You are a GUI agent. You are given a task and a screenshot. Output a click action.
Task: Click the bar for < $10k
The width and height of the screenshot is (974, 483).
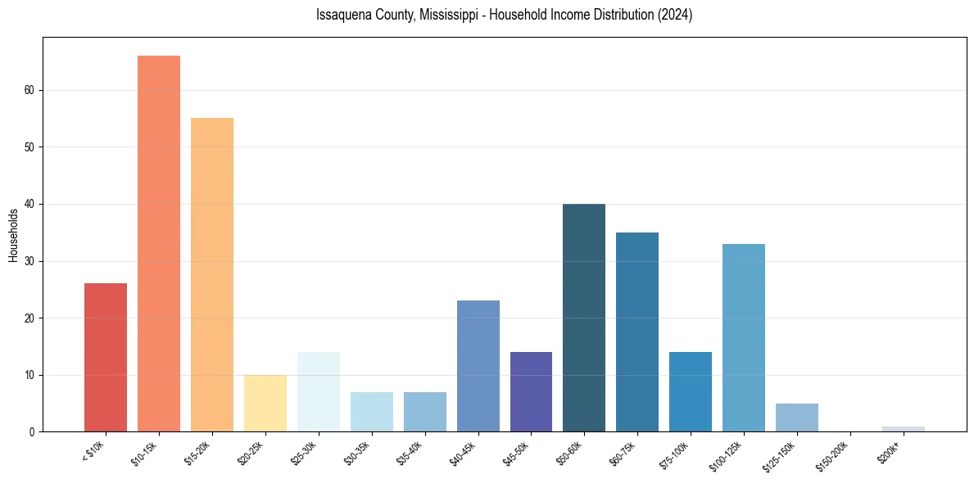point(106,358)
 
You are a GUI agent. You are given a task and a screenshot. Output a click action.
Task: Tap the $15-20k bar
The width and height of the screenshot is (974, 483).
point(212,275)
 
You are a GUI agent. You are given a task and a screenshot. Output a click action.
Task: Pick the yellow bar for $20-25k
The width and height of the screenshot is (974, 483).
point(265,403)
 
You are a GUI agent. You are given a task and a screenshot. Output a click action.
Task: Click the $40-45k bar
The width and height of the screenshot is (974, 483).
point(478,366)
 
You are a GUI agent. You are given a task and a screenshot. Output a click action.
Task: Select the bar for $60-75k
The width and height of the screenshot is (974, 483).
point(637,332)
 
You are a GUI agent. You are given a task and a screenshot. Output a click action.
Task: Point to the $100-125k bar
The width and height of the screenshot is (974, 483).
point(744,337)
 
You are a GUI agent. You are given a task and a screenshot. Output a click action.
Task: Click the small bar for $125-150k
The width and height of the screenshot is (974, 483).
point(797,418)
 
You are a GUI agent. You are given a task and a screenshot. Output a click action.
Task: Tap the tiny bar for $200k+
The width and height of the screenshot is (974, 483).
point(904,429)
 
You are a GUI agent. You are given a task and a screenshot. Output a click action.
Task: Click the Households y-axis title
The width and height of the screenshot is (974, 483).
point(13,236)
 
